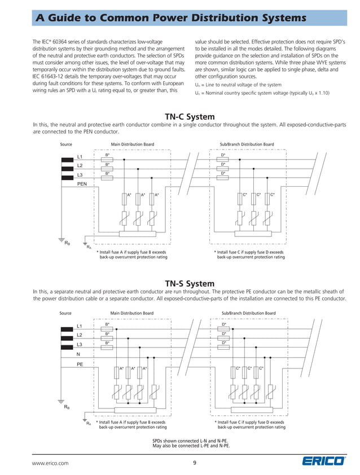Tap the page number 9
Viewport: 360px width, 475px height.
[x=195, y=463]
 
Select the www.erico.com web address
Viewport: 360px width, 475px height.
[x=50, y=463]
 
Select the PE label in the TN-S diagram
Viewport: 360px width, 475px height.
[x=80, y=365]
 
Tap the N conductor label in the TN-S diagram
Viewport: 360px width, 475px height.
[x=78, y=355]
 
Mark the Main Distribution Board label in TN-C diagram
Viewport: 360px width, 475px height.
[x=133, y=144]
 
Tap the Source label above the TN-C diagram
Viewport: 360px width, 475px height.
[x=66, y=144]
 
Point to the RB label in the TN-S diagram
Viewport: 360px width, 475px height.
[x=67, y=407]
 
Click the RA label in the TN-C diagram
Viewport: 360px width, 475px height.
[x=87, y=247]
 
